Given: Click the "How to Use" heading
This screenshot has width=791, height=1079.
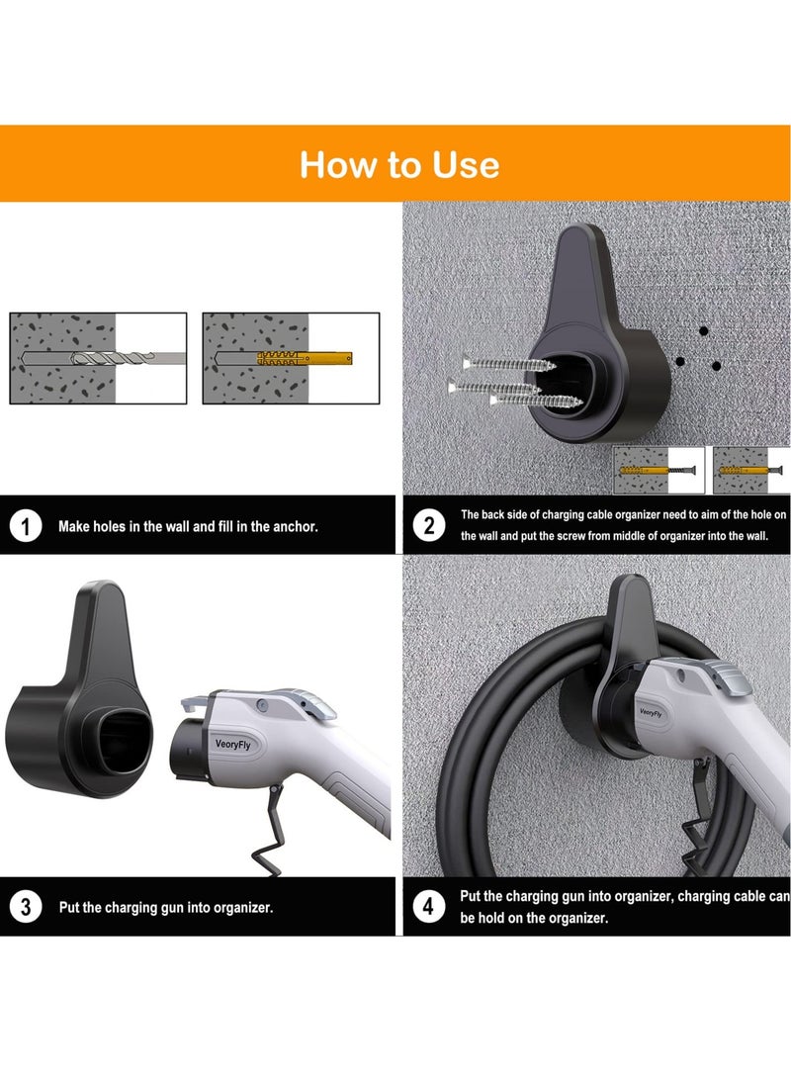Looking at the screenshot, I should pyautogui.click(x=399, y=164).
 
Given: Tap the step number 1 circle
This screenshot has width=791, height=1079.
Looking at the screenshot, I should pyautogui.click(x=26, y=526).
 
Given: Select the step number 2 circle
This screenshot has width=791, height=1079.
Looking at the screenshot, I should pyautogui.click(x=428, y=525).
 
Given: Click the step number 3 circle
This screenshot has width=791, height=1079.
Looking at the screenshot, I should pyautogui.click(x=26, y=906).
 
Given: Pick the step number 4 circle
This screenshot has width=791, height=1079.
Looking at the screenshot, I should pyautogui.click(x=428, y=906).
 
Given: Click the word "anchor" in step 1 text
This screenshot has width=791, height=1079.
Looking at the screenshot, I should pyautogui.click(x=296, y=527).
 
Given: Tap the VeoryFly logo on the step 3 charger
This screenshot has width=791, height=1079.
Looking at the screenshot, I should pyautogui.click(x=235, y=744).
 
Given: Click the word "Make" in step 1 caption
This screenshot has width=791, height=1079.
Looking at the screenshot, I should pyautogui.click(x=75, y=527).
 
